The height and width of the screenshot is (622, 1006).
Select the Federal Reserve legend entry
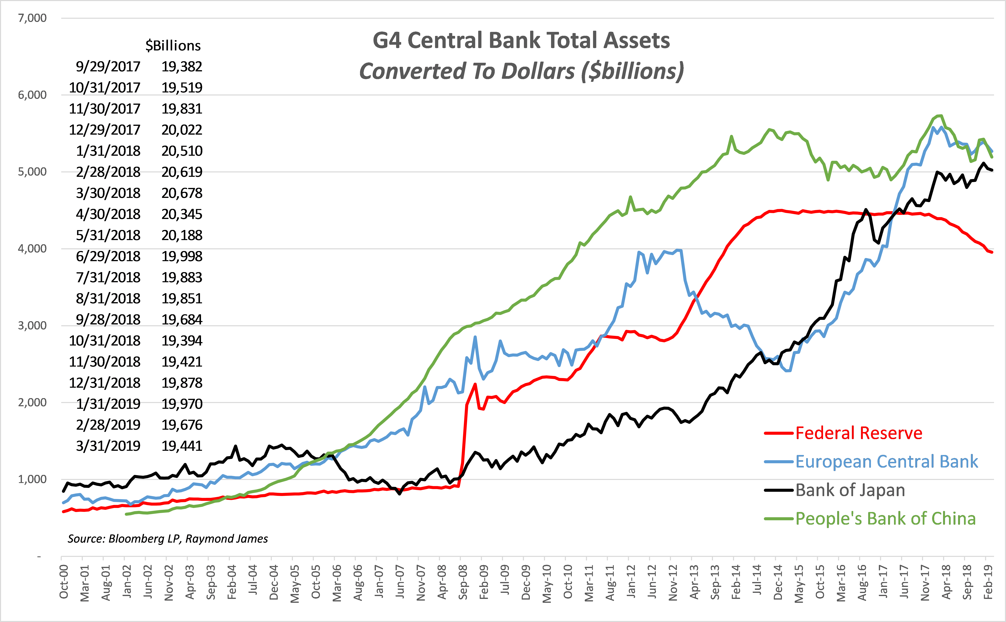pos(858,433)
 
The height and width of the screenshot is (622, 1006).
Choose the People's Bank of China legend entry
pos(885,519)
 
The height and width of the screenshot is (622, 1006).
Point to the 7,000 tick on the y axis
pos(32,18)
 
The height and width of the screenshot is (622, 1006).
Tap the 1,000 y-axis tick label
pos(32,479)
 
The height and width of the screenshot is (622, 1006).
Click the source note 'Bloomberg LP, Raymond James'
pos(168,539)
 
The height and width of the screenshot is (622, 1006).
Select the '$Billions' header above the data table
pos(173,46)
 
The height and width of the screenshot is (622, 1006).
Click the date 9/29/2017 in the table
pos(108,67)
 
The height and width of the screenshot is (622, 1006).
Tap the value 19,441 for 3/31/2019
pos(182,446)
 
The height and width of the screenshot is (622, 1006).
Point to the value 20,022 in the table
pos(182,130)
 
